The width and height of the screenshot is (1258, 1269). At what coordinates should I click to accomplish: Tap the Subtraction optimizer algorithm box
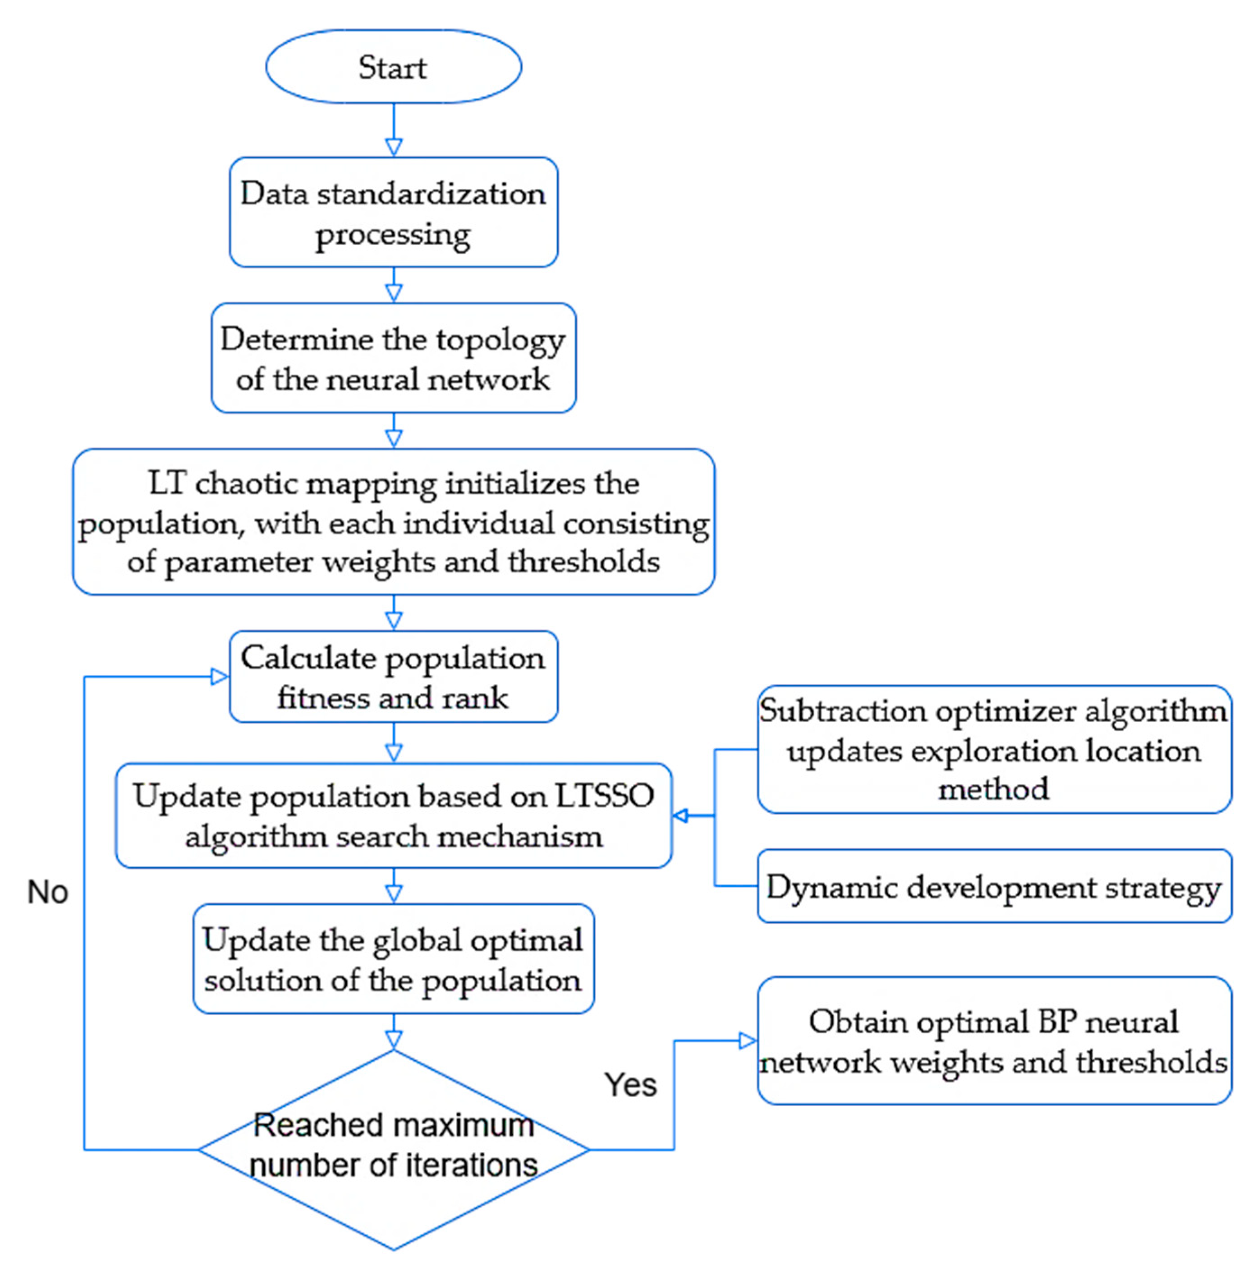click(993, 749)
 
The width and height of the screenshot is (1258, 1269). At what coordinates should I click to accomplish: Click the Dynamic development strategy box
click(993, 886)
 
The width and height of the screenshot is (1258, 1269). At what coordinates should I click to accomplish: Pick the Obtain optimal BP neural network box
click(993, 1041)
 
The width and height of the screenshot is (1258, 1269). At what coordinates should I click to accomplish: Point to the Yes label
click(630, 1085)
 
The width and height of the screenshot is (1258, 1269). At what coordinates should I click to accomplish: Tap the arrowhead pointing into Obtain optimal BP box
click(748, 1040)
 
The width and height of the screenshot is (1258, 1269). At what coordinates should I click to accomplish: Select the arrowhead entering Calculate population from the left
click(219, 677)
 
